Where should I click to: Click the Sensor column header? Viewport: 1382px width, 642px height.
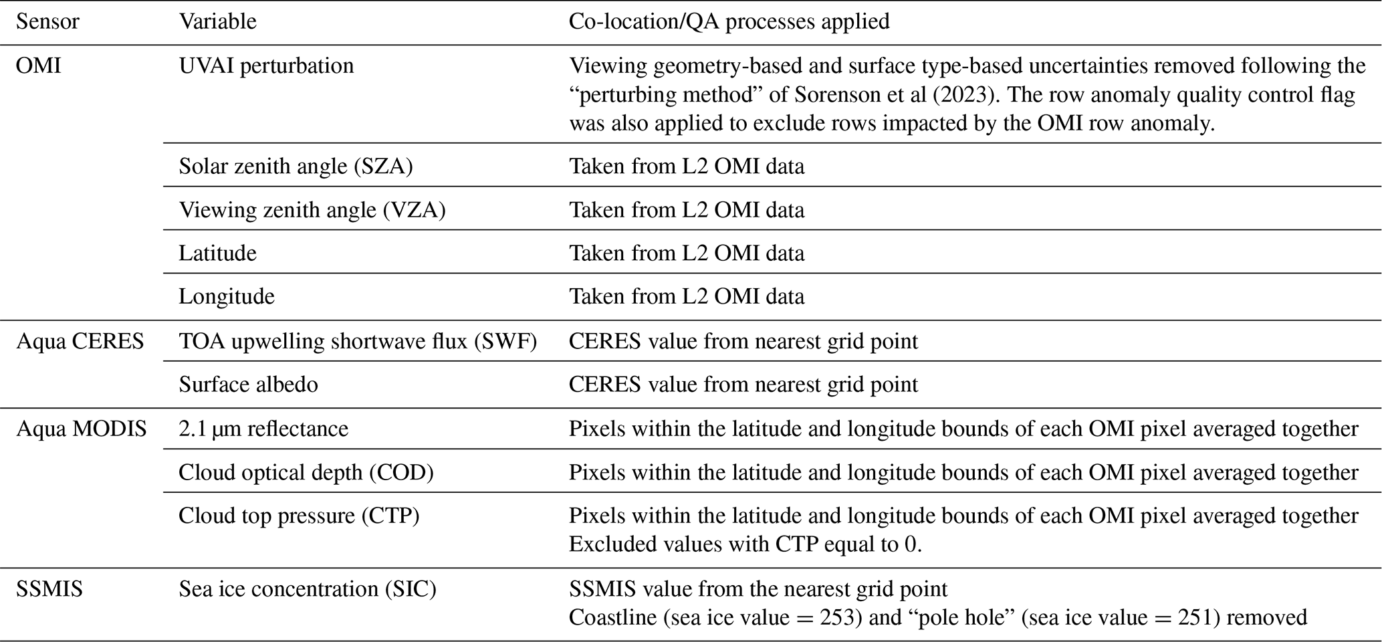[47, 21]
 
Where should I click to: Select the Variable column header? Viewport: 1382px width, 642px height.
[217, 21]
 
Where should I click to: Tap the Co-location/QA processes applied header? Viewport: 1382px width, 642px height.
[729, 21]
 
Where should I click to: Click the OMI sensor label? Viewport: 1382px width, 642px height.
[38, 66]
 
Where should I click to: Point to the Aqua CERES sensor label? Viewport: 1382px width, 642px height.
[80, 342]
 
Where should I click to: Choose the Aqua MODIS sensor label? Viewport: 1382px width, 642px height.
[82, 429]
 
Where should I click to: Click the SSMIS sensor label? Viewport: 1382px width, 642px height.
[49, 589]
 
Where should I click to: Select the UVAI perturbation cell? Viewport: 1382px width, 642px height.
[266, 66]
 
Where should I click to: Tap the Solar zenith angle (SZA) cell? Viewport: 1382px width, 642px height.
[296, 166]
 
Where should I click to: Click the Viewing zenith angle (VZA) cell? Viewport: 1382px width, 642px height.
[312, 210]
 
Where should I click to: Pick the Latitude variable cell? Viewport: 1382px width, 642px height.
[217, 253]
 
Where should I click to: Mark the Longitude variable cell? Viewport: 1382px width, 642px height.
[226, 296]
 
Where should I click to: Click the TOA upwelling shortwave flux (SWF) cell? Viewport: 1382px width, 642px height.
[358, 342]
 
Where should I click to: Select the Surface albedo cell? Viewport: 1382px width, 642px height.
[248, 385]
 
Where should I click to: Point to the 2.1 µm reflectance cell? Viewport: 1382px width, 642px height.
[263, 429]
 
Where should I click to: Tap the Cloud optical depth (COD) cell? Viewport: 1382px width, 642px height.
[306, 473]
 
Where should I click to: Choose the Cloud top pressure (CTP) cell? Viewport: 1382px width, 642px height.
[299, 516]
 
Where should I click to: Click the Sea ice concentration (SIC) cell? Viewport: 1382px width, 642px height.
[307, 589]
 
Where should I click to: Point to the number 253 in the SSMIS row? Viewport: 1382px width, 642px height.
[837, 617]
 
